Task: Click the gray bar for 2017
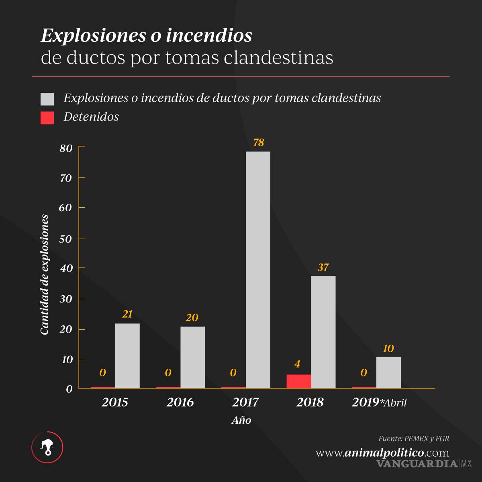258,270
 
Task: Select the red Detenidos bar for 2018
298,381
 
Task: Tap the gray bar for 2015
127,355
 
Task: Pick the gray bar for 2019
388,372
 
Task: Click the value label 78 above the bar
258,143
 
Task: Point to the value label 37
323,268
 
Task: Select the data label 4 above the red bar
297,364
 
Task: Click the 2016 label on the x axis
180,402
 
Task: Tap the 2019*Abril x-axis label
379,402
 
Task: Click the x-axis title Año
241,421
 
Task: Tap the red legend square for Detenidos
47,118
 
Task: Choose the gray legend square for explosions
47,99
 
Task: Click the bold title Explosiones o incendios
147,36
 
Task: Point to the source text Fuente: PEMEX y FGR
414,439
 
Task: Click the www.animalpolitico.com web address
382,453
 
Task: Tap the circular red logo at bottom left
47,447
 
